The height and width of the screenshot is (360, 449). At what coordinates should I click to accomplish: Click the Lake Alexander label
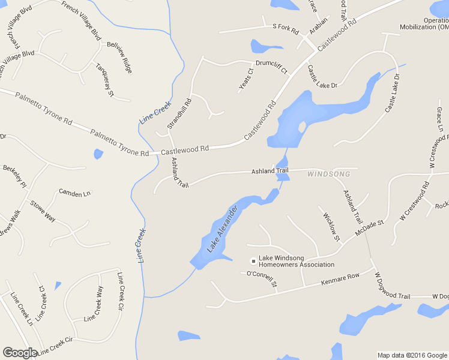[223, 229]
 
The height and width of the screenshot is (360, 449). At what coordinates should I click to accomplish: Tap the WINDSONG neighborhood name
[328, 174]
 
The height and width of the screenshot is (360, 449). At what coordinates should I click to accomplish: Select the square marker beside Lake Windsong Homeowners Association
[253, 260]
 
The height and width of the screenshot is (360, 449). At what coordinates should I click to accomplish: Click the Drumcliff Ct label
[272, 67]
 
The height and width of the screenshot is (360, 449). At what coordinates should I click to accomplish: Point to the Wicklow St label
[331, 227]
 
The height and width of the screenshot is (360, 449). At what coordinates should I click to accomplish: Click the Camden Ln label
[74, 193]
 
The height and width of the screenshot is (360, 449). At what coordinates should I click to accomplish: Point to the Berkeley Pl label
[15, 176]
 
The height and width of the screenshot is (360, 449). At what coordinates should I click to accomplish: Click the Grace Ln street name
[439, 119]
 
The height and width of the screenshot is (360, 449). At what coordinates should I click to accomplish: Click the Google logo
[20, 353]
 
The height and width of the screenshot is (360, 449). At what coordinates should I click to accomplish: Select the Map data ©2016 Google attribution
[412, 355]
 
